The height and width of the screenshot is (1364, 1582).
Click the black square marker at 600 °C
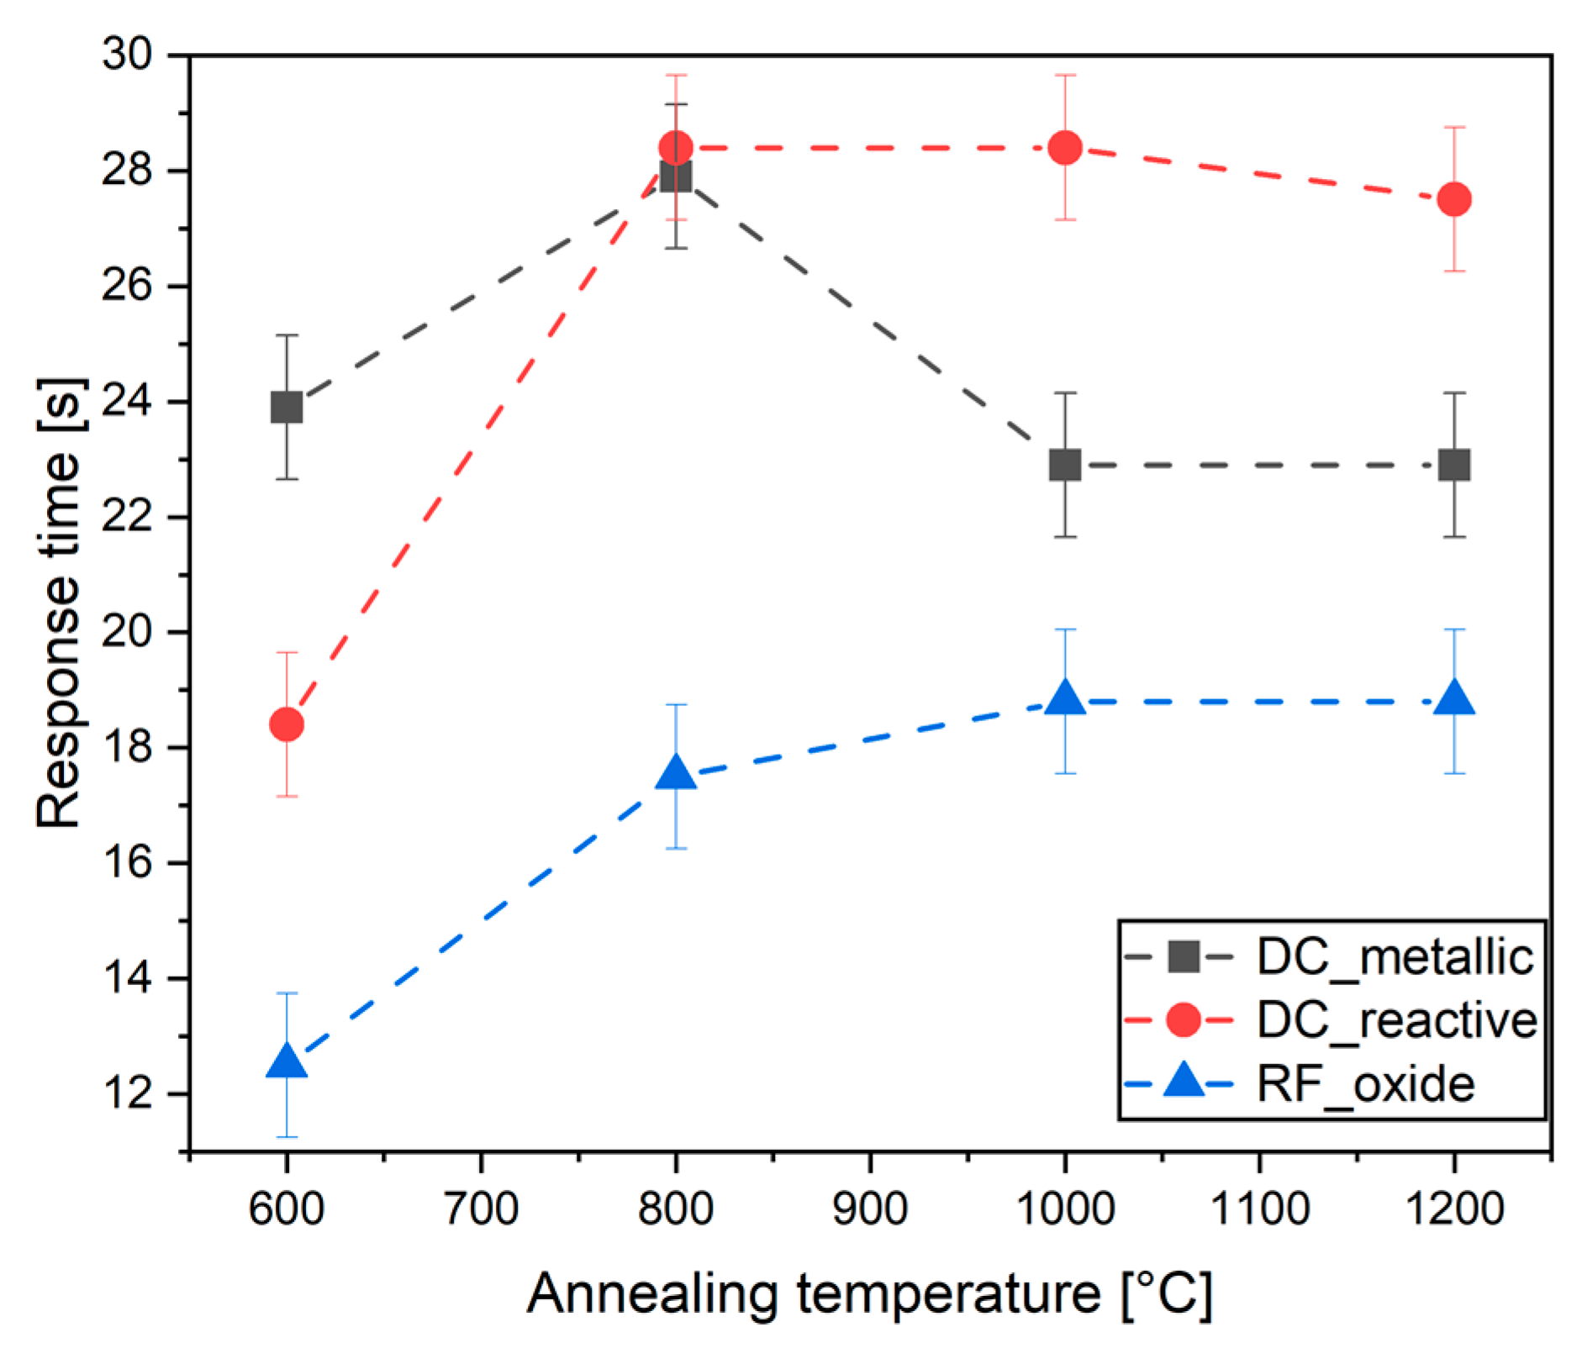[287, 408]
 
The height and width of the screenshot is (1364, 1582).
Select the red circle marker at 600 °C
[287, 724]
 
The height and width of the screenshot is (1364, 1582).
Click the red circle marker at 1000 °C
[1065, 148]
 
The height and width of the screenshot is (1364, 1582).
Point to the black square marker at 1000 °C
[1065, 465]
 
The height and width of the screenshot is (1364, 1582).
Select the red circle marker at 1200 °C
[1454, 199]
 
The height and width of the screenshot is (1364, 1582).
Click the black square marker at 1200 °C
[1454, 465]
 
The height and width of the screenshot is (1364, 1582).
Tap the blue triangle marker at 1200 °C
[1454, 699]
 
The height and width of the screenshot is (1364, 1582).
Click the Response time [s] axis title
[59, 603]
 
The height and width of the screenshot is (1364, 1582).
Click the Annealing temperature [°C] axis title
[869, 1294]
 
